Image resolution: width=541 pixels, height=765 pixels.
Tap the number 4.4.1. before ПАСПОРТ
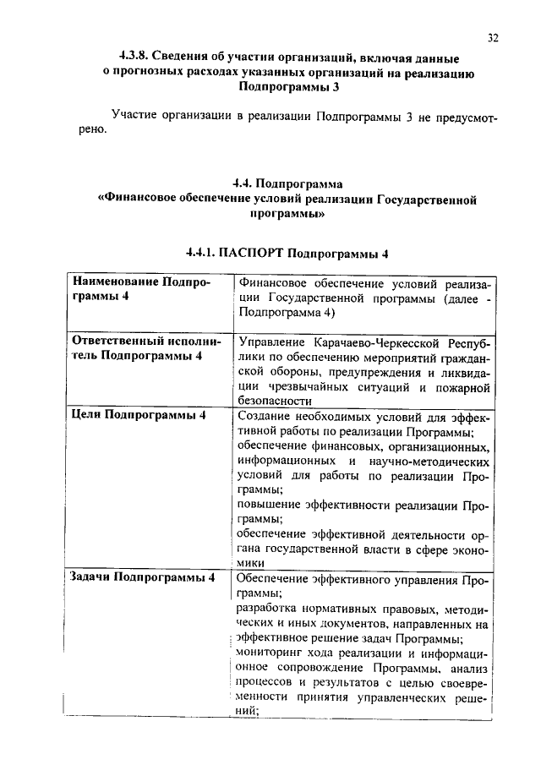coord(200,253)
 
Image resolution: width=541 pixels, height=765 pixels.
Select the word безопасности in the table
coord(276,402)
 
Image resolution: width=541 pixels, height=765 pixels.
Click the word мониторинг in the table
coord(271,654)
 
